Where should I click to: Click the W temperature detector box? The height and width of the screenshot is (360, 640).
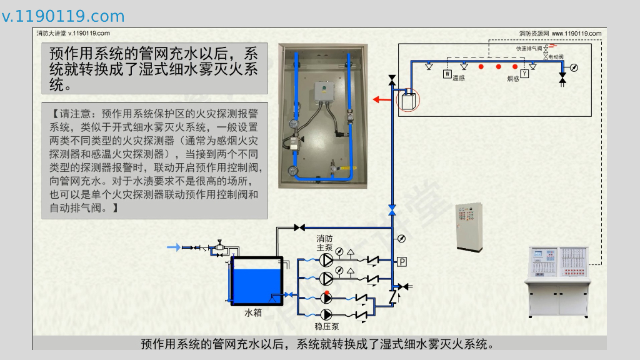point(447,74)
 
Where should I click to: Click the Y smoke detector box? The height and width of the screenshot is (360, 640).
point(525,74)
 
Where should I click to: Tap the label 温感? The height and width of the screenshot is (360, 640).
point(459,77)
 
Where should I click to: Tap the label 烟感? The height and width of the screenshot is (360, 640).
point(512,79)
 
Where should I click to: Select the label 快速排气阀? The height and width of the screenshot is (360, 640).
point(529,48)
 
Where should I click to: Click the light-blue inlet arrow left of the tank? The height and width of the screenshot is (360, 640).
point(173,247)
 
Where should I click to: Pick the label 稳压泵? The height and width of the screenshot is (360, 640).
point(326,326)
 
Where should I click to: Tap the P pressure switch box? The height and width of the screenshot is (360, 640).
point(402,261)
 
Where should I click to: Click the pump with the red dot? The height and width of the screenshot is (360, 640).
point(326,297)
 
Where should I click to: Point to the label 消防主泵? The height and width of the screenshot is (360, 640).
point(325,243)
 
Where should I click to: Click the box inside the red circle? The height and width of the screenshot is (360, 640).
point(408,100)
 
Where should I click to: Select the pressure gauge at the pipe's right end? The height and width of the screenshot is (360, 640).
point(574,67)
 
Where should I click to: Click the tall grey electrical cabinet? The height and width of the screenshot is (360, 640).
point(469,226)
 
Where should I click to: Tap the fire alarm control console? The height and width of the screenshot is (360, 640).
point(558,281)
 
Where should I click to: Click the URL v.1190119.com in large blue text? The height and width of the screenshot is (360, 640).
point(64,16)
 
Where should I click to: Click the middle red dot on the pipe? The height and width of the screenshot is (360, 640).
point(498,66)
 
